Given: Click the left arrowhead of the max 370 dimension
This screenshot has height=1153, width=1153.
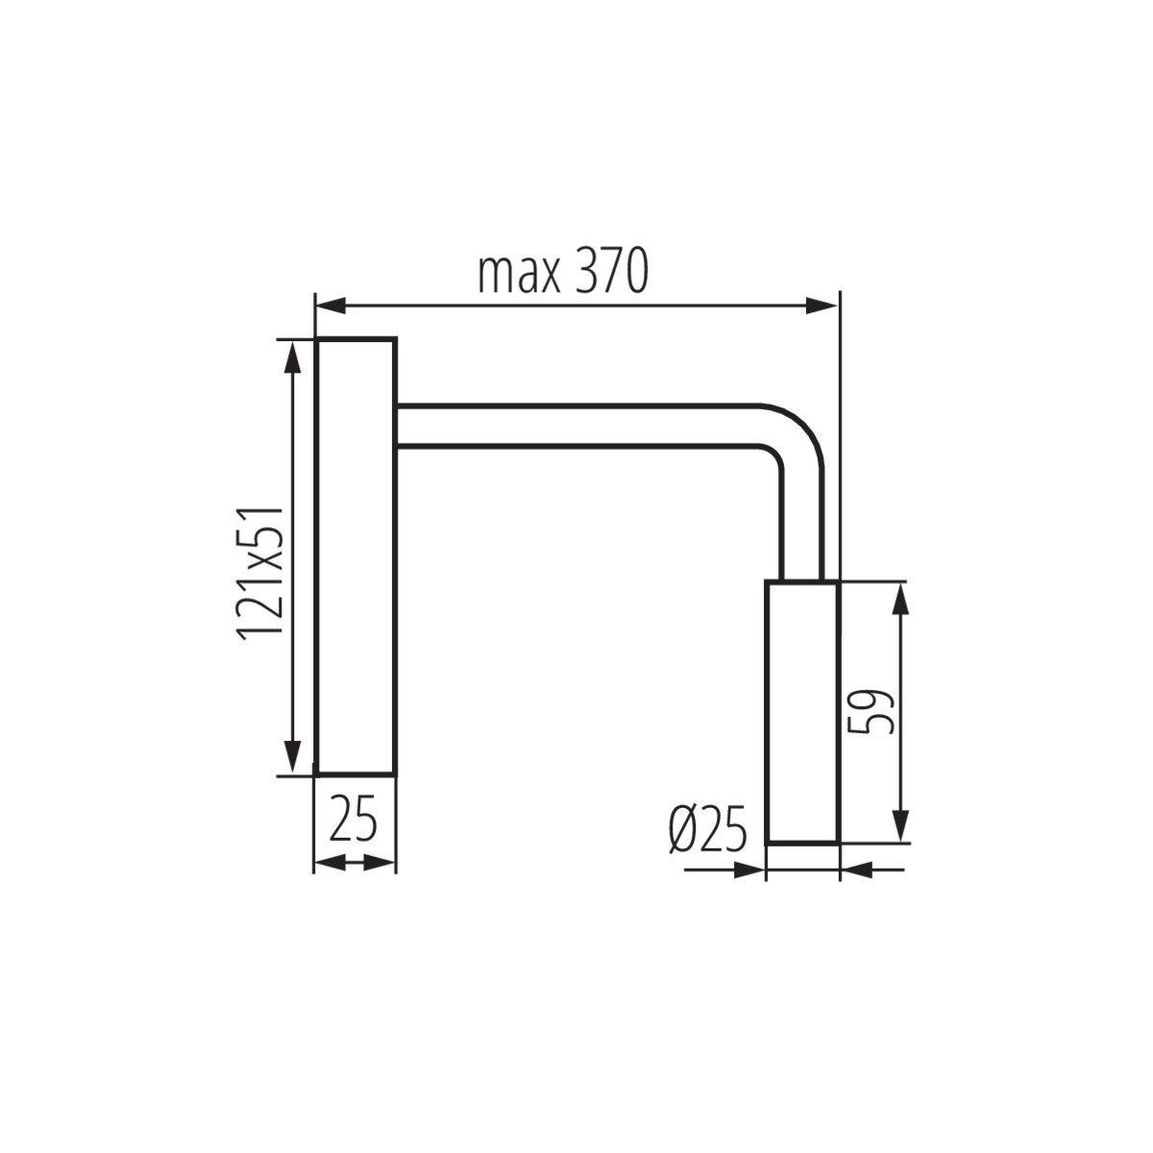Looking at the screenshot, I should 331,307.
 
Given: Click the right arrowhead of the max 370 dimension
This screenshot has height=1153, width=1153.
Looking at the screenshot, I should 822,307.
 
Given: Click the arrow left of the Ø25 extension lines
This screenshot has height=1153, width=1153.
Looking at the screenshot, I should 748,871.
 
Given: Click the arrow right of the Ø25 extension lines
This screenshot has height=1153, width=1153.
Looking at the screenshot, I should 856,871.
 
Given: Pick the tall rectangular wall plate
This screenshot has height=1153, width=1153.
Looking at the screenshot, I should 355,557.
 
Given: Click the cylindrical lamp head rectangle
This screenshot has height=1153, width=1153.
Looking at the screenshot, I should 803,712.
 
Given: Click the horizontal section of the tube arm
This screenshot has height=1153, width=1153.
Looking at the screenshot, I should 576,425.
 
